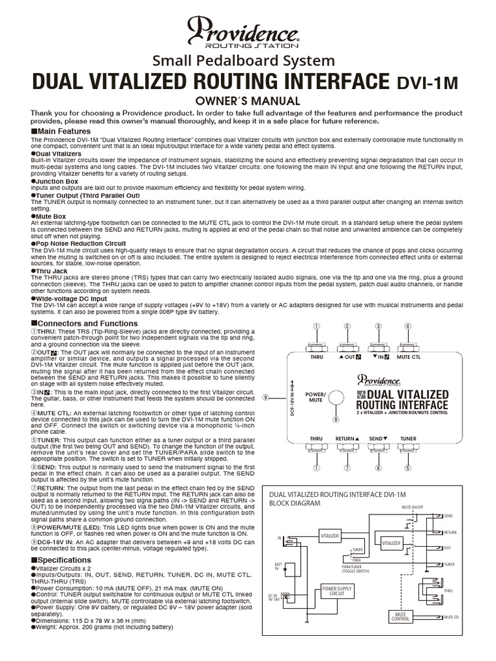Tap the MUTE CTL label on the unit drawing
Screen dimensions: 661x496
(408, 356)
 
